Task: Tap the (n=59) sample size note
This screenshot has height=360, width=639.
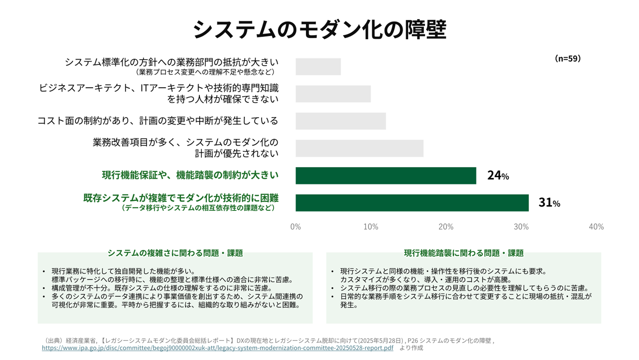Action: (568, 59)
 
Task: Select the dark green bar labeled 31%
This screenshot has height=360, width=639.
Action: (412, 203)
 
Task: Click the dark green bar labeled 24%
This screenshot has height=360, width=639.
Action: (385, 176)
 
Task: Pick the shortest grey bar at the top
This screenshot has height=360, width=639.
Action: (318, 67)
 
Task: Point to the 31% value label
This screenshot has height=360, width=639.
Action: (549, 203)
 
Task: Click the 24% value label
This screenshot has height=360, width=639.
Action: (498, 176)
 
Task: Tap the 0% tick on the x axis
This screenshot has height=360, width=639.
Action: (296, 227)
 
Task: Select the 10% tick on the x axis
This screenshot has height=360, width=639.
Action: (370, 227)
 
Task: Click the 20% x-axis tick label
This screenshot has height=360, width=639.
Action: (446, 227)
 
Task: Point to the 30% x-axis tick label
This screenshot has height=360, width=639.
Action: (521, 227)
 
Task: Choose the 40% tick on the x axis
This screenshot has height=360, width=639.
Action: (596, 227)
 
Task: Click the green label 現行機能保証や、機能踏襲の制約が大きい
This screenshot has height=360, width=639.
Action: (190, 175)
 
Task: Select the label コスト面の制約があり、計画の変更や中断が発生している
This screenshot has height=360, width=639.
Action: (158, 121)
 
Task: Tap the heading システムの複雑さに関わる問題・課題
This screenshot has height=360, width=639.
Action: (175, 253)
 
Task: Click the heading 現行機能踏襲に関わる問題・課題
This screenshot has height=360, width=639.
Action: (464, 253)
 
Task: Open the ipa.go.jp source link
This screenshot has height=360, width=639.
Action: (218, 348)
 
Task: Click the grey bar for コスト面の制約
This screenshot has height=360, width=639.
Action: (341, 121)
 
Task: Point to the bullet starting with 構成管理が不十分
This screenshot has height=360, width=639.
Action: (161, 288)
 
